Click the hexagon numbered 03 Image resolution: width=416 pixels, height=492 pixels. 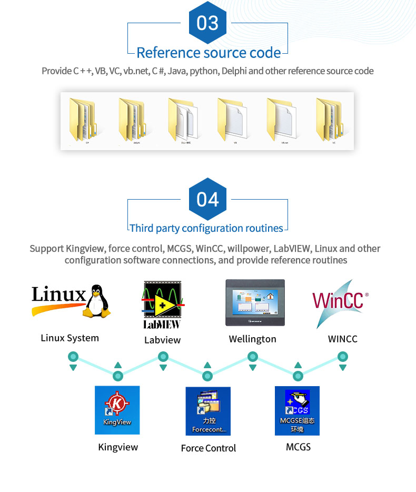tap(207, 23)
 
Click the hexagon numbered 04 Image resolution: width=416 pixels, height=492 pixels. tap(207, 199)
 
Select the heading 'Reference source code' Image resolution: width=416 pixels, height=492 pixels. tap(208, 53)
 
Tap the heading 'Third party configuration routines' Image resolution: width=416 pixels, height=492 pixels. tap(206, 228)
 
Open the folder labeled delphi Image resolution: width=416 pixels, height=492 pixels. tap(132, 120)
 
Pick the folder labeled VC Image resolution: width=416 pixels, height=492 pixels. tap(330, 120)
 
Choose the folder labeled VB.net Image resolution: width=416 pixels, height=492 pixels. tap(281, 120)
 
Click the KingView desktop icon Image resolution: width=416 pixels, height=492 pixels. tap(117, 410)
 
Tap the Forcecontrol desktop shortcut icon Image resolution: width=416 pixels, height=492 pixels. tap(208, 411)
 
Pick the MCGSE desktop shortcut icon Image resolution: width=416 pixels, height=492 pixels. tap(297, 411)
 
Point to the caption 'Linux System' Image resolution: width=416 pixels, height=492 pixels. tap(70, 338)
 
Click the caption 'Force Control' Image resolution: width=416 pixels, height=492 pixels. tap(208, 448)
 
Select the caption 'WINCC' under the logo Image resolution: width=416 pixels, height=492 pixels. tap(342, 339)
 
